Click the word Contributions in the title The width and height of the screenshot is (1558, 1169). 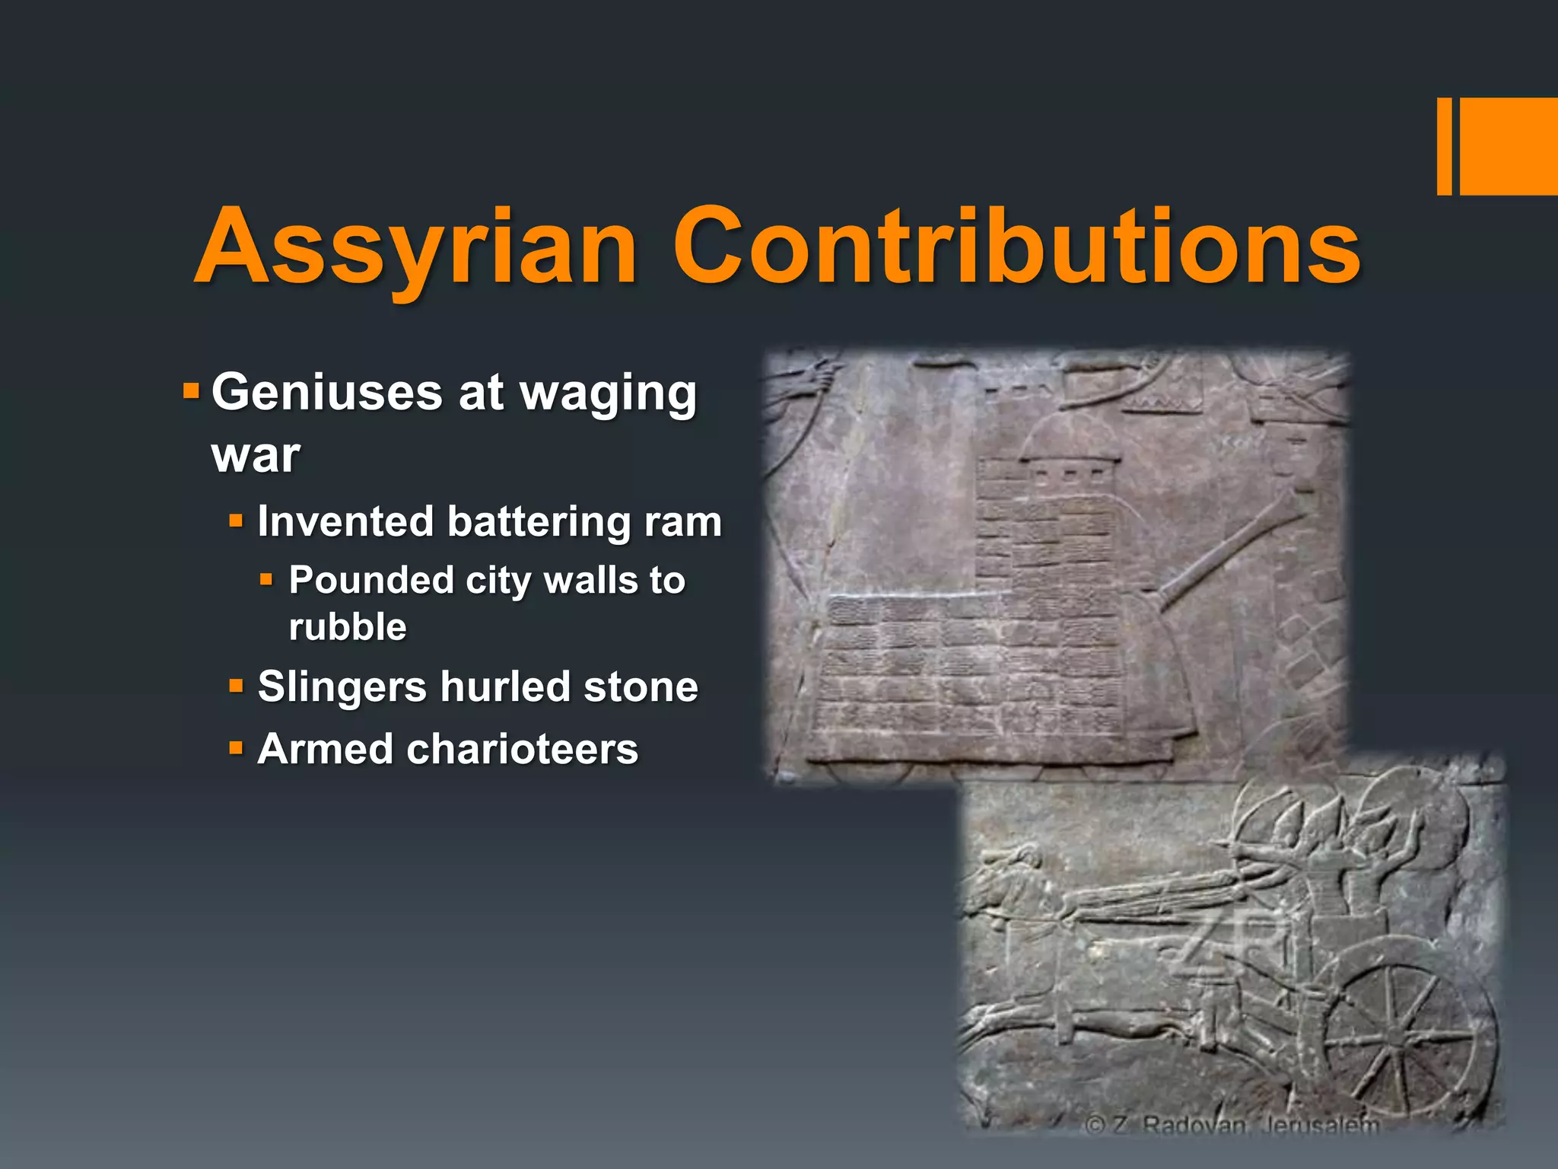(x=1016, y=247)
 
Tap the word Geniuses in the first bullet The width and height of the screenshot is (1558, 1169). (x=326, y=393)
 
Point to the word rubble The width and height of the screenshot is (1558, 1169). (x=348, y=627)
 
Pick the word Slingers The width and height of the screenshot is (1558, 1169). (x=342, y=687)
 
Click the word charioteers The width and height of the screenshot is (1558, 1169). (x=523, y=750)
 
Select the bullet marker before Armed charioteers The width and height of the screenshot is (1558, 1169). (x=236, y=748)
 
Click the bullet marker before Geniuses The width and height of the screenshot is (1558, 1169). (x=191, y=393)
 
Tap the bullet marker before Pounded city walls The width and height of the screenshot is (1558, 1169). (x=265, y=580)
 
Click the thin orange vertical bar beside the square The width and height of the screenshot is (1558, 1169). (x=1444, y=146)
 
